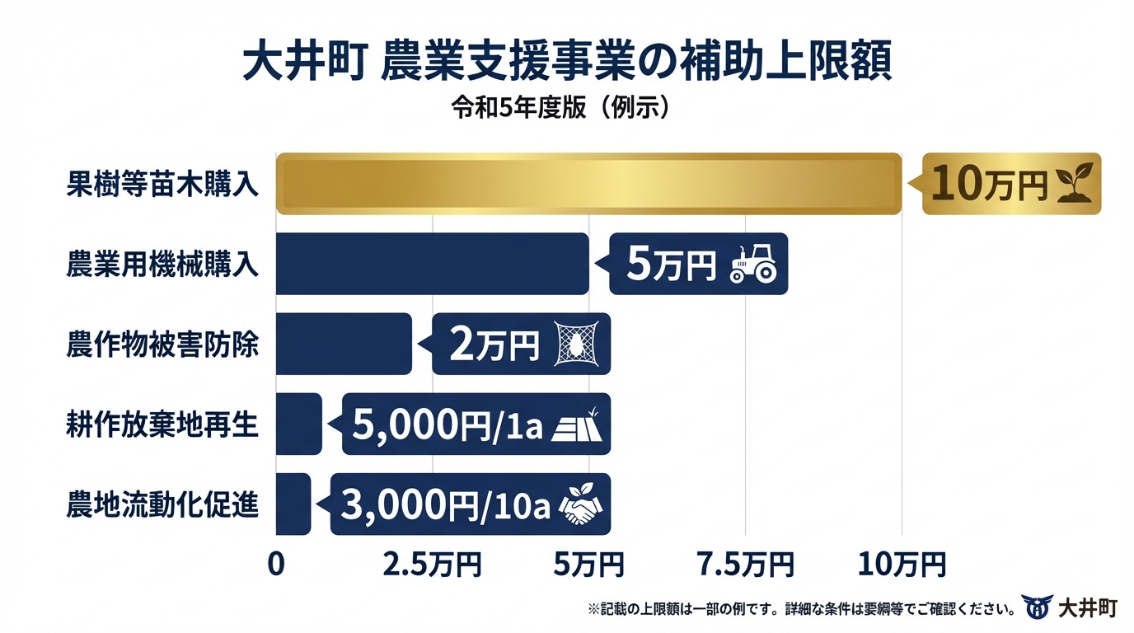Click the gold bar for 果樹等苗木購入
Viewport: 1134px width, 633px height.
[588, 184]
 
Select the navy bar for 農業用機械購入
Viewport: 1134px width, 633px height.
[432, 264]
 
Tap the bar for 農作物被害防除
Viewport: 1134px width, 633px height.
[343, 344]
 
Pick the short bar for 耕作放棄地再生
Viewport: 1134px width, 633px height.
[298, 424]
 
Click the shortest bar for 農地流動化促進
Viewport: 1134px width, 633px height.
[293, 504]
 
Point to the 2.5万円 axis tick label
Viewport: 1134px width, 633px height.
[432, 565]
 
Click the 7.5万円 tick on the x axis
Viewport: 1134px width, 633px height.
[745, 565]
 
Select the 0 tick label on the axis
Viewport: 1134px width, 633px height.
[276, 565]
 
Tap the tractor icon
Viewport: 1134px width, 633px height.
[752, 264]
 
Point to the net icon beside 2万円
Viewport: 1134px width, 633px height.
[575, 344]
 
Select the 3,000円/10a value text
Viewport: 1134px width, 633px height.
[444, 504]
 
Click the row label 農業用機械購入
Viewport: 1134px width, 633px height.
[162, 265]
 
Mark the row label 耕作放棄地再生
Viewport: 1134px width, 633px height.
[162, 425]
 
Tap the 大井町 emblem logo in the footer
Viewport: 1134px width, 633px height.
[1036, 607]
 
